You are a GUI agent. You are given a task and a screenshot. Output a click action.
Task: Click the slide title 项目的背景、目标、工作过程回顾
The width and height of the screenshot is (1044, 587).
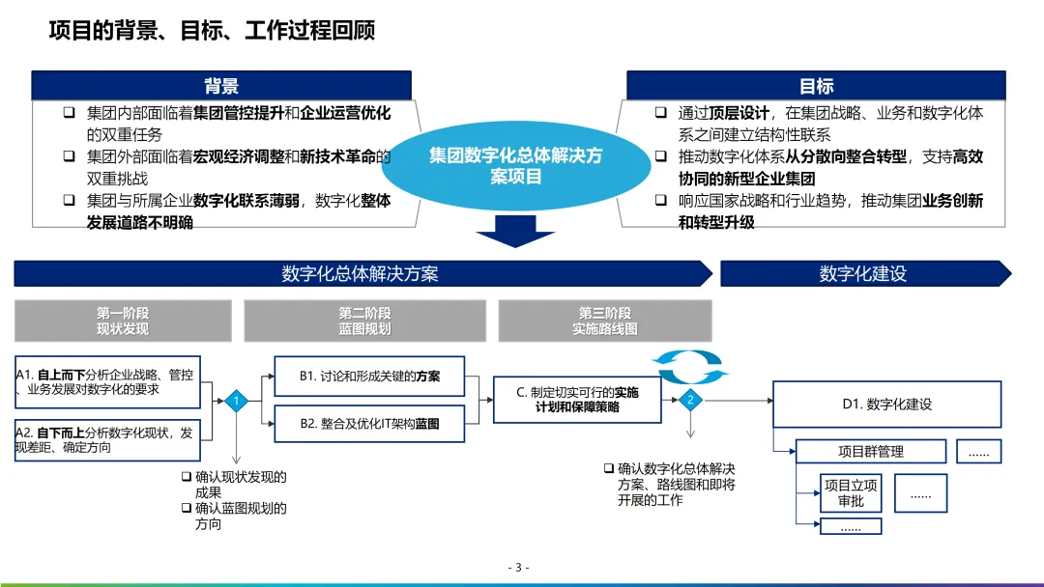pos(212,31)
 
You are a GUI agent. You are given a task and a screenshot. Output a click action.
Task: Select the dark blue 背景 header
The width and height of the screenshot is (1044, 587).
pos(221,86)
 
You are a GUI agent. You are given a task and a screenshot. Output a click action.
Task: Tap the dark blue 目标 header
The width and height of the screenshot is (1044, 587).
pos(816,86)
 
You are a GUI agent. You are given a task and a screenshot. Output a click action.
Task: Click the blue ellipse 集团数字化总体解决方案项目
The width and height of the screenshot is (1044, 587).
pos(515,166)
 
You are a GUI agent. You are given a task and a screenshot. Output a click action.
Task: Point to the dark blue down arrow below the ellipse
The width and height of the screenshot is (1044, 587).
pos(515,231)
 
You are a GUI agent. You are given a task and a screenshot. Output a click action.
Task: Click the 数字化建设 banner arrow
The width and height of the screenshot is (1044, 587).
pos(863,273)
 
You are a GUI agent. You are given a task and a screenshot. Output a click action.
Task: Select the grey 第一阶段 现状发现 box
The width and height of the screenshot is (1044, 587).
pos(123,321)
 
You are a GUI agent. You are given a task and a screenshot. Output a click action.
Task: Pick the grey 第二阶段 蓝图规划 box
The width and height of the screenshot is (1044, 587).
pos(364,321)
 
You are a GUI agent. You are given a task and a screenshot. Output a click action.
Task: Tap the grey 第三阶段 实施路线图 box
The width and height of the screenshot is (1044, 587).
pos(605,321)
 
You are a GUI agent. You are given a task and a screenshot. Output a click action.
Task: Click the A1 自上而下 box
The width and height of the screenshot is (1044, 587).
pos(107,381)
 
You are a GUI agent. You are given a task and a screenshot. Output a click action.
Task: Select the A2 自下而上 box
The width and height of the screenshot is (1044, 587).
pos(107,439)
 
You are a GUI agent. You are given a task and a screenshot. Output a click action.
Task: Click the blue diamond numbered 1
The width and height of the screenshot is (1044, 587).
pos(236,401)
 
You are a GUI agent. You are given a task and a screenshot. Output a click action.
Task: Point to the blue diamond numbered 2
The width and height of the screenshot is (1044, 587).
pos(690,400)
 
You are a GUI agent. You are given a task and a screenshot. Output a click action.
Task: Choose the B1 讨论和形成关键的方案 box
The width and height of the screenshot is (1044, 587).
pos(369,377)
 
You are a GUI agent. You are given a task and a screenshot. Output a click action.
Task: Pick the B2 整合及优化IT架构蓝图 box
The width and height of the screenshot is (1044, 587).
pos(369,423)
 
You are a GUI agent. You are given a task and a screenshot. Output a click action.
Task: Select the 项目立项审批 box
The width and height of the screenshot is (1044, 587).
pos(851,492)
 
